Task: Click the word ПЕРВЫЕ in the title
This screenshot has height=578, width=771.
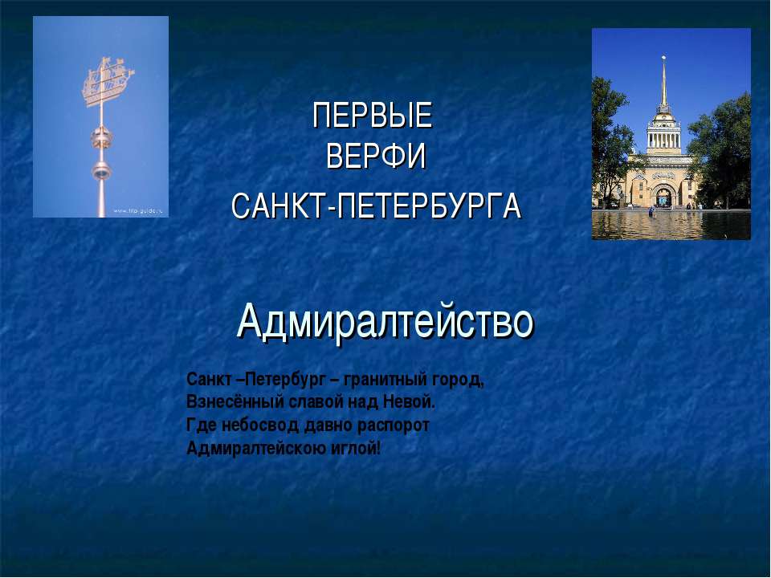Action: [372, 115]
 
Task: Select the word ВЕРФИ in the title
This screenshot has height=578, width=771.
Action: [376, 157]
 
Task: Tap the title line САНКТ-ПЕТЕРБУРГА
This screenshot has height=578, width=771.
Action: [376, 206]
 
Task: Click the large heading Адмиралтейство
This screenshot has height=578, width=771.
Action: [385, 322]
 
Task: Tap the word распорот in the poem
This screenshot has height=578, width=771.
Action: [394, 425]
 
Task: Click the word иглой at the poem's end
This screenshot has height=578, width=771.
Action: [355, 449]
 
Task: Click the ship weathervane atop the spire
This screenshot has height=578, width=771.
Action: [108, 81]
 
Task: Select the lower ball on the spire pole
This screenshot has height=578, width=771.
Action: [101, 172]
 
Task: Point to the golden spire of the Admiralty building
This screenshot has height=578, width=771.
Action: [664, 83]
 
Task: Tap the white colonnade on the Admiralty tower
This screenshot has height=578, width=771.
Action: [664, 139]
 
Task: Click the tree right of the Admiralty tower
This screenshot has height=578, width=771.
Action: [720, 153]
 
